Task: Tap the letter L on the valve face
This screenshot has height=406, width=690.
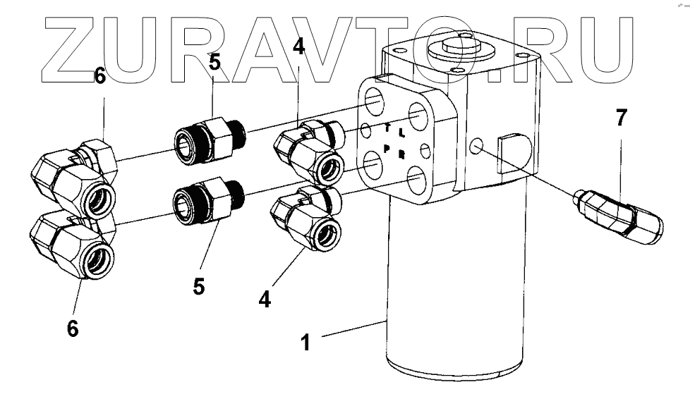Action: [x=401, y=132]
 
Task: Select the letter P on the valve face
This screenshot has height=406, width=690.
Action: [x=387, y=148]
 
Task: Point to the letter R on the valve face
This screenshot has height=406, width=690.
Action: [x=401, y=154]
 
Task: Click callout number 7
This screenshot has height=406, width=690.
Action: [x=620, y=118]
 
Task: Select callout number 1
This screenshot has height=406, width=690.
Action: [x=305, y=343]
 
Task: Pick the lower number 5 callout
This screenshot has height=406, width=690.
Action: [x=200, y=288]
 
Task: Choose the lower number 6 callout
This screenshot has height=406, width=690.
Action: [x=72, y=328]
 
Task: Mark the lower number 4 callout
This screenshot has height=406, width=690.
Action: [x=264, y=298]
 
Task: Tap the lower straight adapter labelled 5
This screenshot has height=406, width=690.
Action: [x=207, y=200]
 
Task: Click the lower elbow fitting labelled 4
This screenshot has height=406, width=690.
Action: [x=307, y=220]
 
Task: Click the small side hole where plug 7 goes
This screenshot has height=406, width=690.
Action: [x=477, y=147]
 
